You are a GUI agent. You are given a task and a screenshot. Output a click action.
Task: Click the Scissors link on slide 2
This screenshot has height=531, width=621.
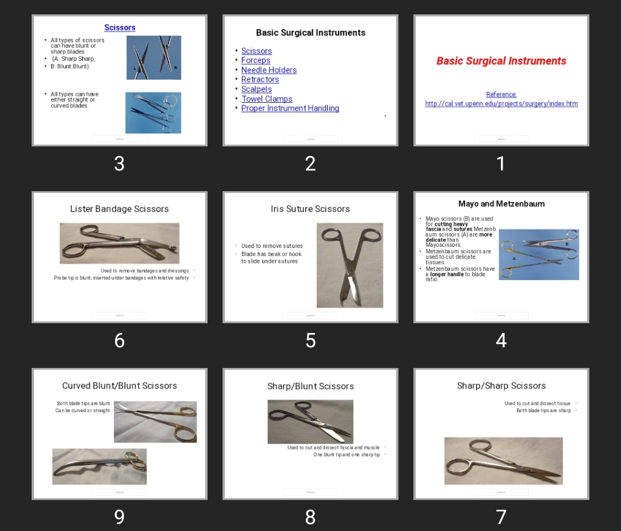click(x=256, y=51)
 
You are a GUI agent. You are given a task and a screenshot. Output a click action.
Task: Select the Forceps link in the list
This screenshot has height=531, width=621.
click(x=256, y=60)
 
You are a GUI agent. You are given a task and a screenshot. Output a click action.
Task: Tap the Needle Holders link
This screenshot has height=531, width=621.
click(x=269, y=70)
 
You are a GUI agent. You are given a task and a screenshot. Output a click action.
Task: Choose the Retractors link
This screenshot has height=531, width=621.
click(x=260, y=79)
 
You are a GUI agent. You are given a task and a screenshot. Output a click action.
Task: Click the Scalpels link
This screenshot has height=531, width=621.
click(x=256, y=89)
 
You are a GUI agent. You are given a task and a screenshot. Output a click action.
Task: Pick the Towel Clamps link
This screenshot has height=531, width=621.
click(x=267, y=99)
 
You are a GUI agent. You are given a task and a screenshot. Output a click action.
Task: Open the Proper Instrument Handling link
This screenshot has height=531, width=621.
click(x=290, y=108)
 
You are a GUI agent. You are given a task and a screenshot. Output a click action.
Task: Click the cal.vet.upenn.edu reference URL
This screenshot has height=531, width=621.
click(x=501, y=103)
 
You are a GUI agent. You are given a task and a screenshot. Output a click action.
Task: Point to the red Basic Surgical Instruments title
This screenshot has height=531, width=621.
click(x=501, y=61)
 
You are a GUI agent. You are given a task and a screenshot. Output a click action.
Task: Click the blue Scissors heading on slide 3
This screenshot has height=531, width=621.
click(x=120, y=28)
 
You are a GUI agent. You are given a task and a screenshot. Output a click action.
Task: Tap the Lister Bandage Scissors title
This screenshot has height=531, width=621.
click(x=120, y=209)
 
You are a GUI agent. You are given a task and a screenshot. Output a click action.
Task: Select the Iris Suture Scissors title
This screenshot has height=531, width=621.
click(x=310, y=209)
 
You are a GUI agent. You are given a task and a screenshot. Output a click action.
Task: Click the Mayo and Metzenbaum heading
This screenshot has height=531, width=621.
click(x=501, y=204)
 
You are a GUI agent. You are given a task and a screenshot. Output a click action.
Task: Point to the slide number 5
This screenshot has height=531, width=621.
click(x=310, y=340)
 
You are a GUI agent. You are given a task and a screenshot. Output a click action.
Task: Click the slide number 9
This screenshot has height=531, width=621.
click(x=119, y=517)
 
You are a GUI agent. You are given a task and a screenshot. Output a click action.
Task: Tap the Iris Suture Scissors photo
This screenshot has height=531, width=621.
click(x=350, y=265)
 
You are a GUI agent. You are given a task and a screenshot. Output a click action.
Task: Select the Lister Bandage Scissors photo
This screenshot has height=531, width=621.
click(x=120, y=243)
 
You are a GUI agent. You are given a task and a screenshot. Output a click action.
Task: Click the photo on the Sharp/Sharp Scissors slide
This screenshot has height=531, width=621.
click(x=503, y=461)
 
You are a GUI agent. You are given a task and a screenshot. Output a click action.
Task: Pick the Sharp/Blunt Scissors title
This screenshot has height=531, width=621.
click(x=310, y=386)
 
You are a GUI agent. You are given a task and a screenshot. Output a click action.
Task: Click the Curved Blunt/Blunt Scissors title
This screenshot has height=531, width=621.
click(x=120, y=386)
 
